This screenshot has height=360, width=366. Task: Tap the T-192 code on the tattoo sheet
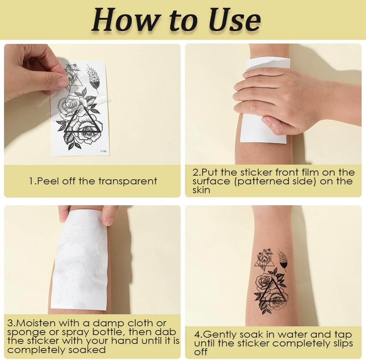[x=103, y=151]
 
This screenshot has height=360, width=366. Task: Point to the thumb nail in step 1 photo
[x=63, y=81]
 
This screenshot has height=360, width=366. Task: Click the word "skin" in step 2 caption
[x=201, y=190]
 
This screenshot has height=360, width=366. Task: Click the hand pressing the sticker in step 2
[x=278, y=99]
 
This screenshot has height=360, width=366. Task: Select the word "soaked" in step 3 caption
[x=87, y=350]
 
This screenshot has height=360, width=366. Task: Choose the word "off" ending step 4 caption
[x=201, y=352]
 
